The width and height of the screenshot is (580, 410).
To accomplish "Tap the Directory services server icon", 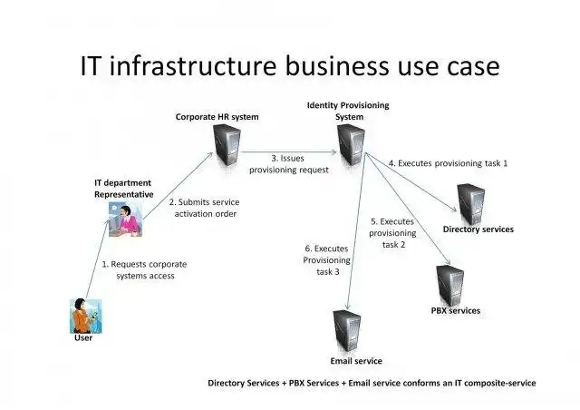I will click(471, 202).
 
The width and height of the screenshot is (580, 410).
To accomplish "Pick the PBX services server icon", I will click(450, 285).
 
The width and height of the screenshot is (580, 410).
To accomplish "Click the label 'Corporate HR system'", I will click(217, 117).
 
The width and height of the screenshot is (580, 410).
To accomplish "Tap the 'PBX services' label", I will click(456, 311).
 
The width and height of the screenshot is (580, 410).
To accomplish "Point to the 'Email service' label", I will click(356, 361).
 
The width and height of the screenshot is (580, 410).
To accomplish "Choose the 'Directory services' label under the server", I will click(478, 229).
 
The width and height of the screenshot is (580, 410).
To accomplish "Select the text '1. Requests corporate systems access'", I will click(138, 269).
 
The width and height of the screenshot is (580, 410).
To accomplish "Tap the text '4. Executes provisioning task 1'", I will click(448, 163).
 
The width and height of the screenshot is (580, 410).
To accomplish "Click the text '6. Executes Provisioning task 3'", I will click(326, 259).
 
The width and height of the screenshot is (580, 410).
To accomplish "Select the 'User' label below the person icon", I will click(82, 339).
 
